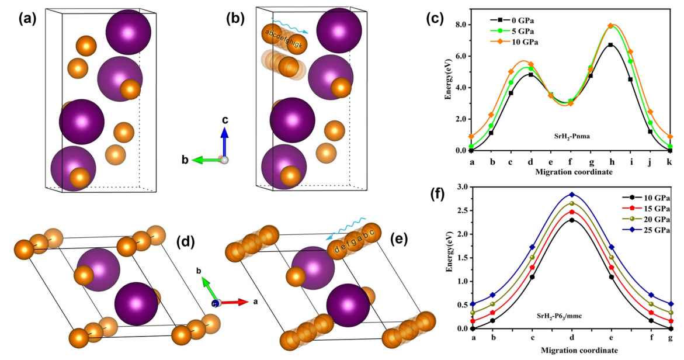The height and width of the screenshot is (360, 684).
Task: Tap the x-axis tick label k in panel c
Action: coord(670,161)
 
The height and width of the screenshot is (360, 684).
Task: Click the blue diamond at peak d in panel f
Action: coord(571,195)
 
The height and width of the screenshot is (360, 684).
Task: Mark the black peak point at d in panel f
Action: coord(571,220)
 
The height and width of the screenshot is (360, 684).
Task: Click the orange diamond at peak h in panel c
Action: coord(610,26)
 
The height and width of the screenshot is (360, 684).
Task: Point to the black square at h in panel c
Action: coord(610,45)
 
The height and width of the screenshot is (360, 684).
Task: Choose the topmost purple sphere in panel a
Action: coord(129,32)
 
